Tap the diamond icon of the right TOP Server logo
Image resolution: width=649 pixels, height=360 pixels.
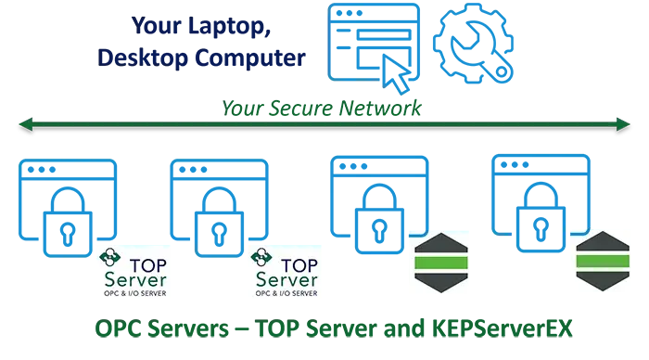click(261, 256)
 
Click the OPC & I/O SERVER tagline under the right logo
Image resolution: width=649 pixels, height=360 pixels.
click(286, 293)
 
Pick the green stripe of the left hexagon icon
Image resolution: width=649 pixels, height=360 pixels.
click(439, 263)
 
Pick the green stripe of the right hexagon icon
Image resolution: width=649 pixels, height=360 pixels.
click(603, 263)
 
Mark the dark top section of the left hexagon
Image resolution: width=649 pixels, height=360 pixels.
click(439, 246)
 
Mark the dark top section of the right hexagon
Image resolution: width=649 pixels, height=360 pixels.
click(603, 246)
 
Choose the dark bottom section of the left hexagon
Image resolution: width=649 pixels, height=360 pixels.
click(439, 281)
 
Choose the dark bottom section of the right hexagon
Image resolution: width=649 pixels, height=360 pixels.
click(603, 281)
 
